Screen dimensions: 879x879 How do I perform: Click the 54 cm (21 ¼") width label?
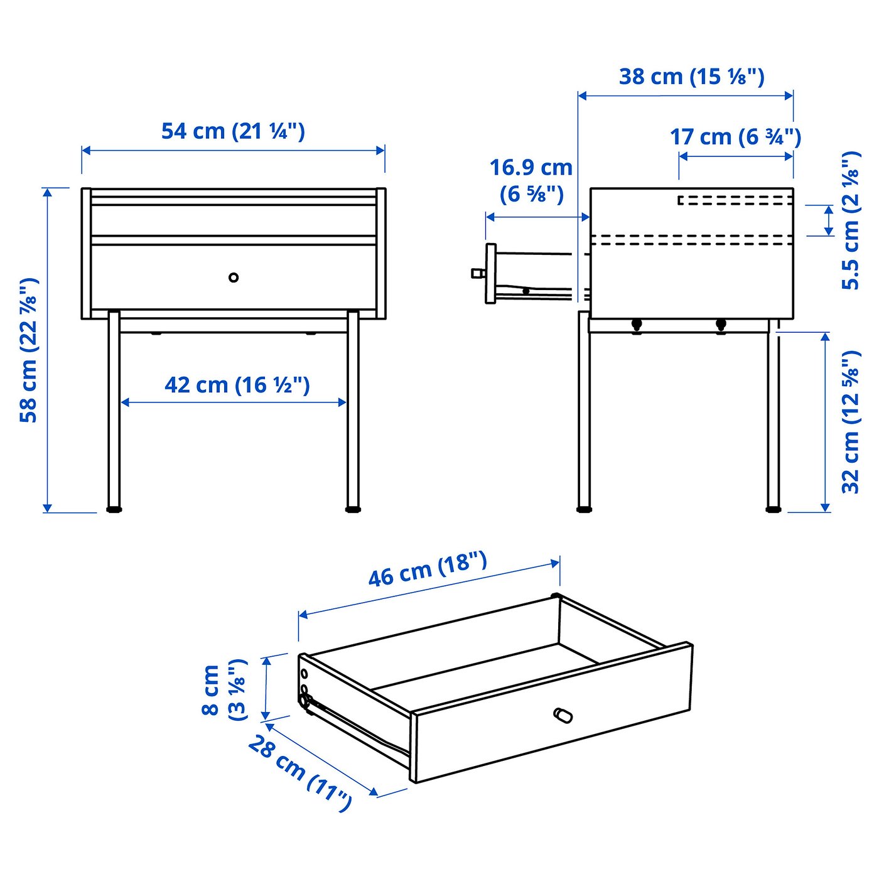coord(233,131)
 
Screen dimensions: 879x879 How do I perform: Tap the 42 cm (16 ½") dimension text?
coord(237,385)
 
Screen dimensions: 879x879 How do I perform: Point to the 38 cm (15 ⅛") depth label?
coord(691,77)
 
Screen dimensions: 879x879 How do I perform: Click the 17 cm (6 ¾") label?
coord(735,137)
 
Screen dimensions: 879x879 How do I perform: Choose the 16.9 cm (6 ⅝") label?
coord(531,181)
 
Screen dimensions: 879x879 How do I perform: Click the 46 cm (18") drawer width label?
coord(428,569)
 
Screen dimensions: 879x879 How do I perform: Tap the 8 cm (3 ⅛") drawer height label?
coord(224,690)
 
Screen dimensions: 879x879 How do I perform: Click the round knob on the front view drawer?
coord(234,277)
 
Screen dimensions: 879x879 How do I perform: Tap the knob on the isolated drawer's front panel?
coord(563,715)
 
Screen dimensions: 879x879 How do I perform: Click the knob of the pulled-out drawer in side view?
coord(478,273)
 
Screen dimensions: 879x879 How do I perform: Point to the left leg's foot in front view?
coord(114,509)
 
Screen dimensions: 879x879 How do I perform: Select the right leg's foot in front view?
coord(353,509)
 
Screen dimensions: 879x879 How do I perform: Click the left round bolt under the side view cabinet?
coord(637,325)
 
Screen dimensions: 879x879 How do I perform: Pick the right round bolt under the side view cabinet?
coord(720,325)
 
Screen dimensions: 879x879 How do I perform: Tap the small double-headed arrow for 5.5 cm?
coord(829,220)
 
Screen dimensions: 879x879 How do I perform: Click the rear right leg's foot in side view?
coord(773,509)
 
